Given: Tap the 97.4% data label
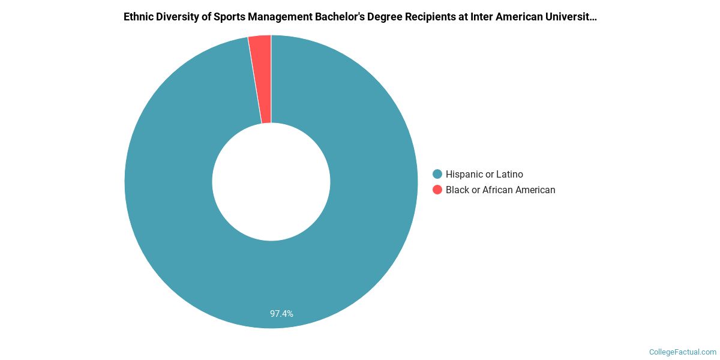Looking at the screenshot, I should point(281,314).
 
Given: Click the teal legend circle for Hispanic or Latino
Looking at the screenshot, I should point(437,174).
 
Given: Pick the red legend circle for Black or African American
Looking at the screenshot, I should point(437,190).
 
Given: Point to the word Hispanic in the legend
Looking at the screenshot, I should point(466,174).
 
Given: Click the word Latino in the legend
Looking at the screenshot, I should point(509,174).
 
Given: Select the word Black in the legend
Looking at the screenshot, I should point(457,190).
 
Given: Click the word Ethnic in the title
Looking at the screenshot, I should point(138,17).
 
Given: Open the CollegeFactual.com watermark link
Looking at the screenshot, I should point(683,352).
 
